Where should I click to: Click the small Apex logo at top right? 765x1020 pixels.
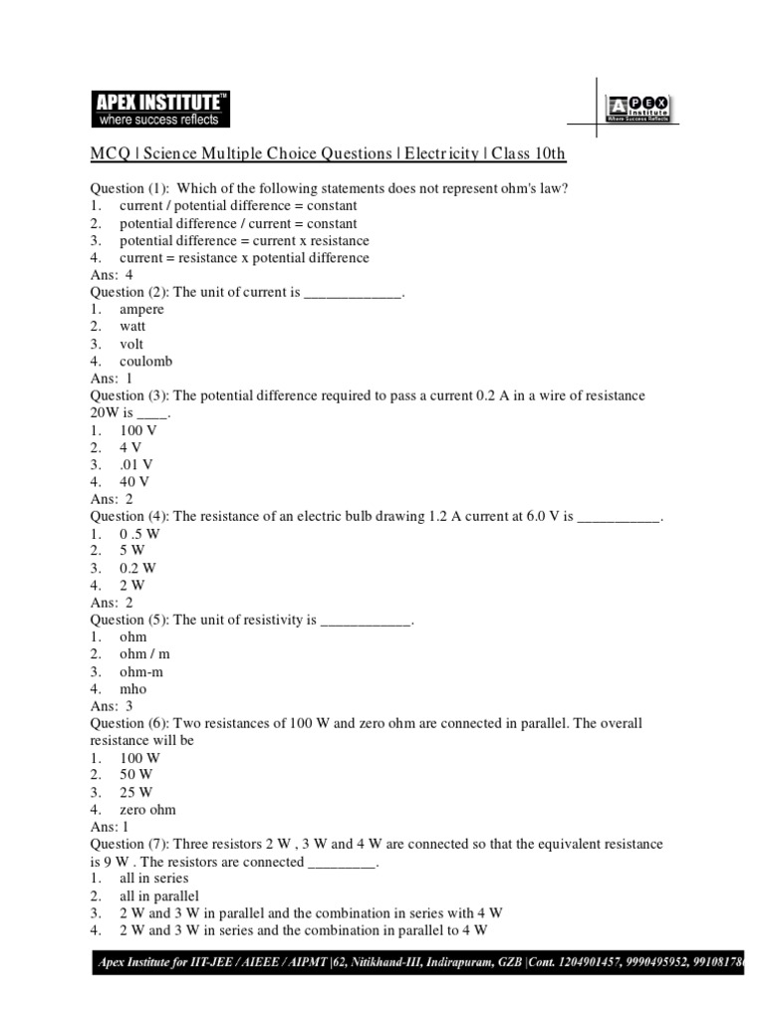637,109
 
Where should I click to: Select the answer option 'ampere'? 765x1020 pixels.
142,310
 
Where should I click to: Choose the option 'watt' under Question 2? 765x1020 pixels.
133,327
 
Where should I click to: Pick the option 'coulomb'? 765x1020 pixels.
145,362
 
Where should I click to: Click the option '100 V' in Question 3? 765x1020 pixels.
138,430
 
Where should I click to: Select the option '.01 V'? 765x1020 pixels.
136,464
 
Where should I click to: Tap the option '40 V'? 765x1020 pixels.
134,482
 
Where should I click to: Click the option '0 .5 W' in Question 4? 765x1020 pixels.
139,534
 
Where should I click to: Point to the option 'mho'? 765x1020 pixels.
133,688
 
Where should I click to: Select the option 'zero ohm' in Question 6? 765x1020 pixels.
147,810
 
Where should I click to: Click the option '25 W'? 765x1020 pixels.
136,792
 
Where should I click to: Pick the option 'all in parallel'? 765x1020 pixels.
159,896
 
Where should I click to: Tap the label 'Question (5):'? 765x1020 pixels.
129,620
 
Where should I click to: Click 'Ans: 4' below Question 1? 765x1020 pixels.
111,275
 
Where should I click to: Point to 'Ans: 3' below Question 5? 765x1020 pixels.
111,706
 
